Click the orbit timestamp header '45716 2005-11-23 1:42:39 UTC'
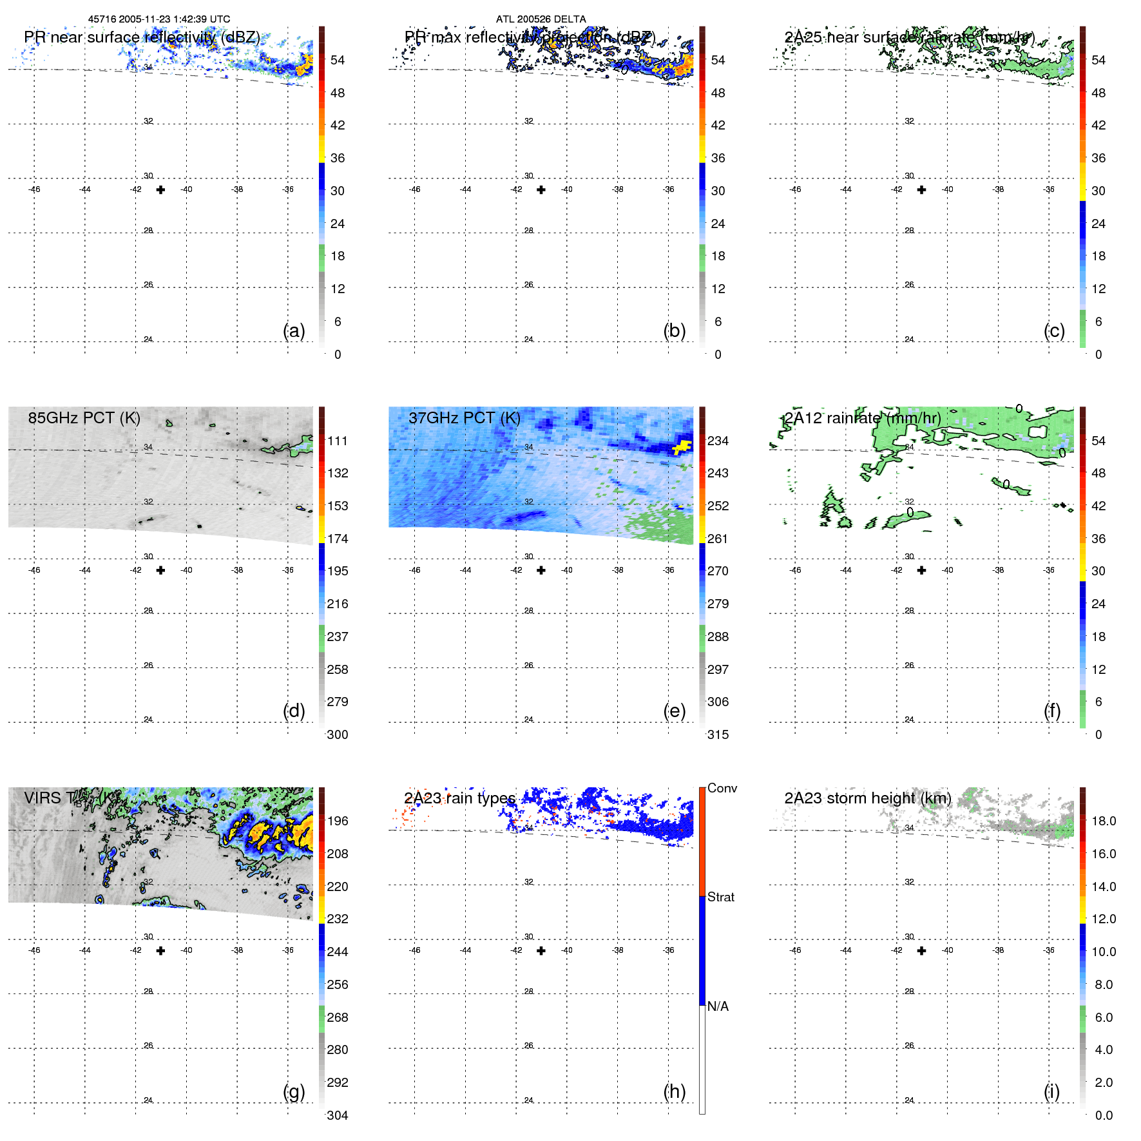158,19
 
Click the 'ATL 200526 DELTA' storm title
541,19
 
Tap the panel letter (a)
294,331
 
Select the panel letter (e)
674,711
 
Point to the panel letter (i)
1051,1091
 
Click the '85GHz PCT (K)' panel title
84,417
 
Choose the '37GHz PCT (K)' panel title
464,417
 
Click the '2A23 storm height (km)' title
867,798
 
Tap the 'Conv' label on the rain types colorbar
722,788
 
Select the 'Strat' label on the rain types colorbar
720,897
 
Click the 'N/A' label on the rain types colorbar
718,1006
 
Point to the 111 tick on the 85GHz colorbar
338,441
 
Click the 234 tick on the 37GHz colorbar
718,441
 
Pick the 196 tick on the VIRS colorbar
338,821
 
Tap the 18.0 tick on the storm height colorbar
1103,821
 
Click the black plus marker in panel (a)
160,189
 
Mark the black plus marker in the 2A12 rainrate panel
921,570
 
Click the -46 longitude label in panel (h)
415,950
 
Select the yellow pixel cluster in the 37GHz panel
682,446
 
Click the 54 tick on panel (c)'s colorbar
1098,60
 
